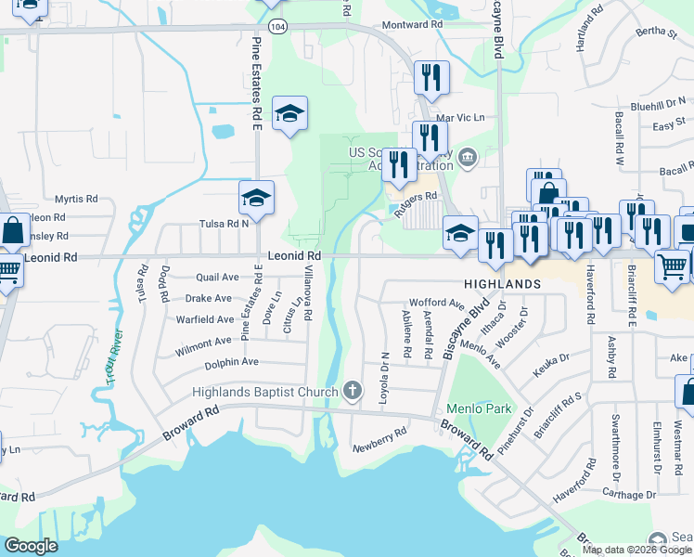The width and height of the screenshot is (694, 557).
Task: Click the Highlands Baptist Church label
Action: click(x=264, y=392)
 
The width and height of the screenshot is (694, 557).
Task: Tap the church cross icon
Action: click(x=352, y=391)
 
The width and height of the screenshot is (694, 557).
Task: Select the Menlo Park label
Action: click(x=479, y=408)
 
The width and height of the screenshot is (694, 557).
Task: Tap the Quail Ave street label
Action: click(x=218, y=278)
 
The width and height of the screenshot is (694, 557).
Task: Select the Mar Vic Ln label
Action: click(x=460, y=118)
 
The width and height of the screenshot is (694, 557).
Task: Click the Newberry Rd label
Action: click(x=379, y=441)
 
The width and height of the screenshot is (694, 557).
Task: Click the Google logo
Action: click(x=31, y=546)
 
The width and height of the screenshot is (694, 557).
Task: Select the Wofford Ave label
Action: click(x=436, y=304)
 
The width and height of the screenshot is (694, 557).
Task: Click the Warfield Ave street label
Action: click(x=208, y=321)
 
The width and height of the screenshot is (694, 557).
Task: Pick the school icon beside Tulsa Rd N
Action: click(x=256, y=198)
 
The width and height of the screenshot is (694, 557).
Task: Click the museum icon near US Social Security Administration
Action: click(x=466, y=155)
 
